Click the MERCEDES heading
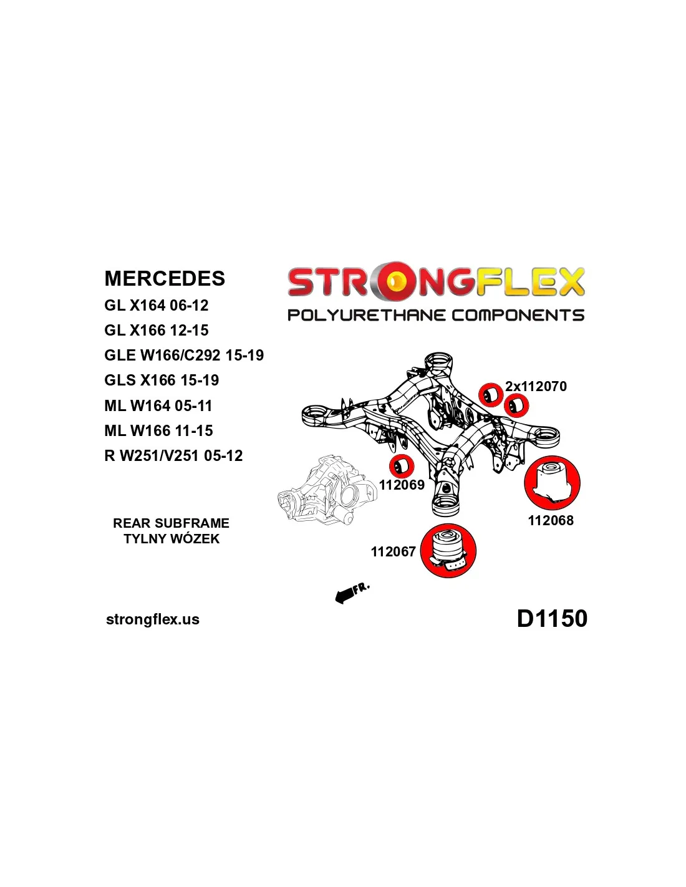165,278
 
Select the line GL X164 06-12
157,306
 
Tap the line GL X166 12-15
157,331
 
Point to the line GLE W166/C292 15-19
184,356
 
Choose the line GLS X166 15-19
162,380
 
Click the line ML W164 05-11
158,406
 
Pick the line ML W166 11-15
158,431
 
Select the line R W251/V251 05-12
173,456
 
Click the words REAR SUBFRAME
171,523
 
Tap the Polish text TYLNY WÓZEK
171,539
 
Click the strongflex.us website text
153,619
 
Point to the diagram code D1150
552,619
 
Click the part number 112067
393,551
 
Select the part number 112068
551,520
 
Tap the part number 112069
402,485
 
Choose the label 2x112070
536,387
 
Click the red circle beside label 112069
402,466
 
